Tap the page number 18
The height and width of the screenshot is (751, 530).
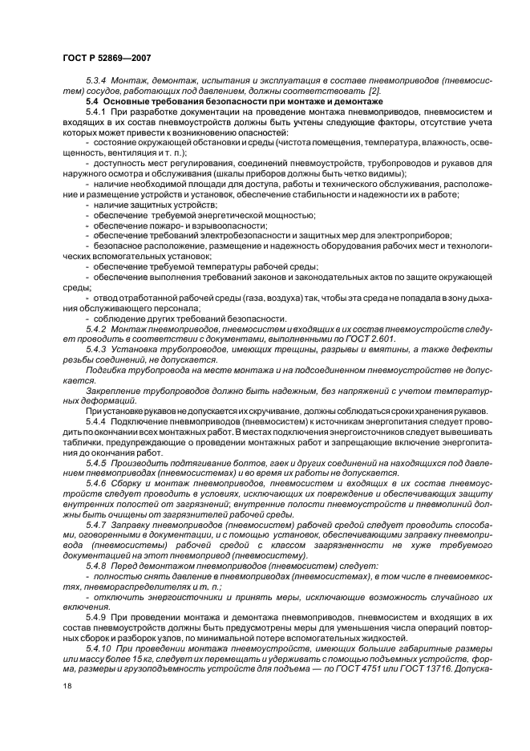(x=67, y=686)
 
